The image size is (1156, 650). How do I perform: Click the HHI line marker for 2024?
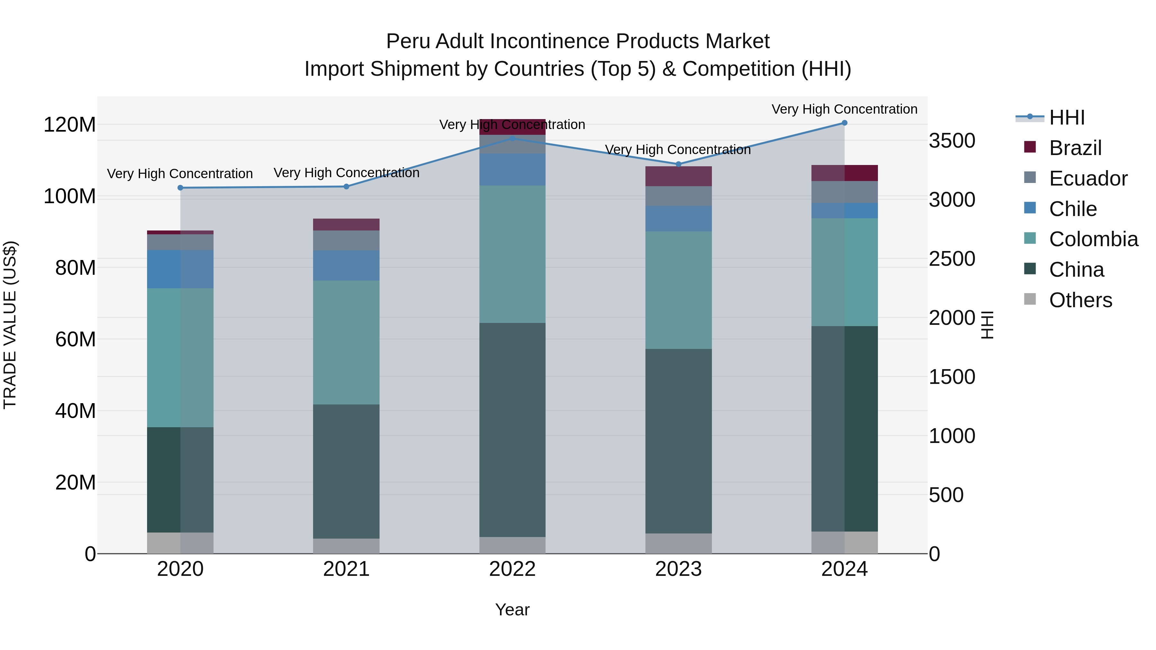844,123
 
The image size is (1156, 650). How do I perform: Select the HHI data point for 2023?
679,164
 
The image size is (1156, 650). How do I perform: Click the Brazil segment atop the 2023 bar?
679,176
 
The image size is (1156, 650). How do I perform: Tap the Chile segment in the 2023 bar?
679,219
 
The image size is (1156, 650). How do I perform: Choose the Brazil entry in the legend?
1074,148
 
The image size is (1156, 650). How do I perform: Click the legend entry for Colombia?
1092,239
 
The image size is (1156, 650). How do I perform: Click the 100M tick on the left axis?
70,196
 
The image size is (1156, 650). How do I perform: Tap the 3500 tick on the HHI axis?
952,141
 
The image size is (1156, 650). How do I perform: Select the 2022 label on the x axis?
512,569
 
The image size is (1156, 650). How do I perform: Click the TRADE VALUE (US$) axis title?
10,325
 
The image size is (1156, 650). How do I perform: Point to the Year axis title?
512,610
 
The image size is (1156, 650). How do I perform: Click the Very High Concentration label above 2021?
346,173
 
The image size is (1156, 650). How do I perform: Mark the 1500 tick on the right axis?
952,377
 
